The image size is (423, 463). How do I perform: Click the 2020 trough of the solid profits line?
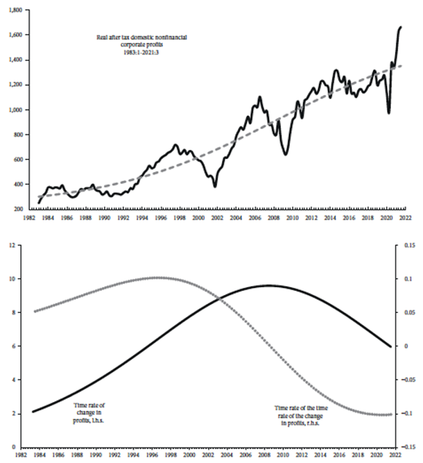pos(389,113)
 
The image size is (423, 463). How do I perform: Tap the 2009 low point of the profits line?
pos(285,154)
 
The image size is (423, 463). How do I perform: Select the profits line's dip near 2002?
pos(215,186)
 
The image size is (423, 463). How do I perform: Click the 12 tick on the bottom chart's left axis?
pos(18,245)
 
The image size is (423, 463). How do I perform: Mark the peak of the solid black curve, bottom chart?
pos(268,285)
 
